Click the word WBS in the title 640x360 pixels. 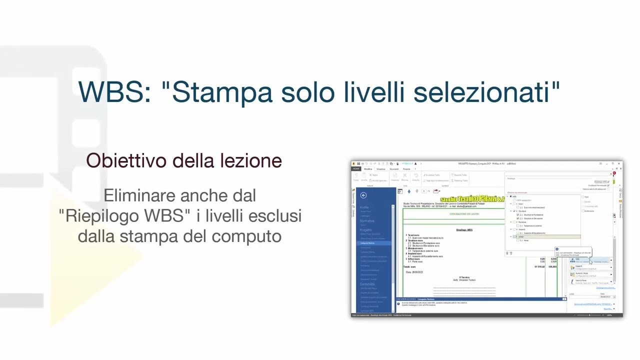pyautogui.click(x=114, y=92)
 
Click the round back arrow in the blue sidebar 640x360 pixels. pyautogui.click(x=363, y=195)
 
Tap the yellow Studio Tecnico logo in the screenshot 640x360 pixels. pyautogui.click(x=472, y=199)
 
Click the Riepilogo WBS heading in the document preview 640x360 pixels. pyautogui.click(x=464, y=230)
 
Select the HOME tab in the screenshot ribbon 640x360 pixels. pyautogui.click(x=356, y=169)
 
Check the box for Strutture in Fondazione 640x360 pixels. pyautogui.click(x=517, y=215)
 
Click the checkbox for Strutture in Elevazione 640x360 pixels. pyautogui.click(x=517, y=218)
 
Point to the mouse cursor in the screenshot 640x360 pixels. pyautogui.click(x=590, y=261)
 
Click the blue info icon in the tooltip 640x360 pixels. pyautogui.click(x=557, y=249)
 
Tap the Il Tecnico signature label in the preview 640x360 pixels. pyautogui.click(x=464, y=277)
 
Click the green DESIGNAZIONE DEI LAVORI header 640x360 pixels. pyautogui.click(x=464, y=214)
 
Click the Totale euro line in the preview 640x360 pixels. pyautogui.click(x=409, y=267)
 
